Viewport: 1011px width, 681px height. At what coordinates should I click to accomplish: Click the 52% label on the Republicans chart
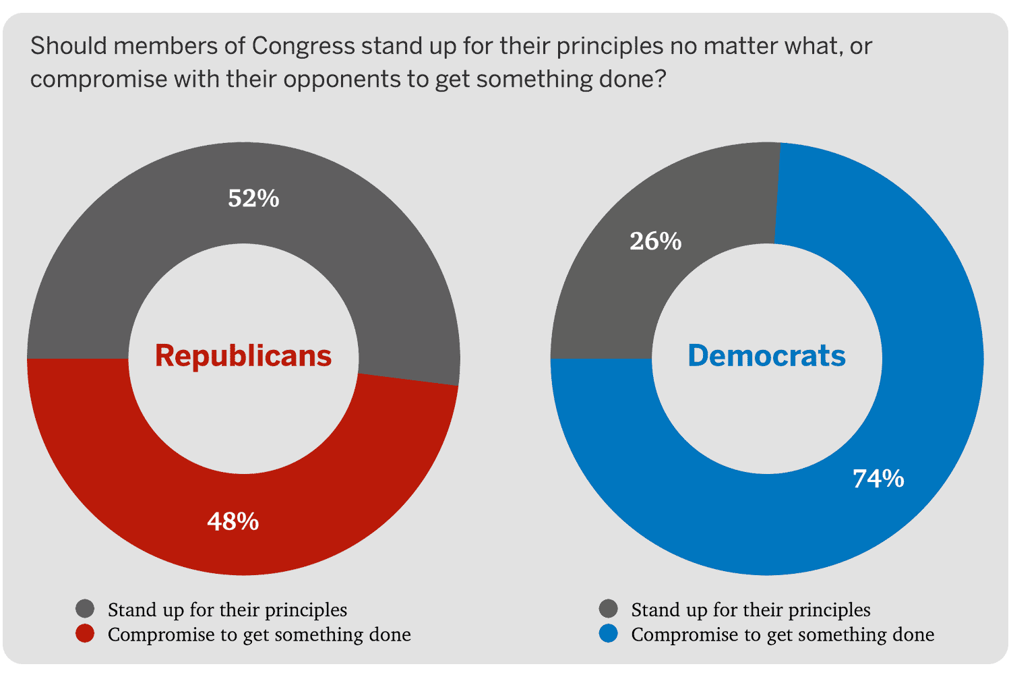[253, 198]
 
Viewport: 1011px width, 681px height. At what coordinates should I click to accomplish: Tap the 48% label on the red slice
[233, 521]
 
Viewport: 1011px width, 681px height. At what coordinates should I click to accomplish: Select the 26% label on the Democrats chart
[656, 241]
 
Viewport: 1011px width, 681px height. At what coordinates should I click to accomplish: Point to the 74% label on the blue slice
[878, 479]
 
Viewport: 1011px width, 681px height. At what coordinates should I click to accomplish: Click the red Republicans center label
[243, 355]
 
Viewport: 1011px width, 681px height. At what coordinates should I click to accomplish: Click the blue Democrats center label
[766, 355]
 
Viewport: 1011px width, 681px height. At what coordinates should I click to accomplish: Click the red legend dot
[85, 634]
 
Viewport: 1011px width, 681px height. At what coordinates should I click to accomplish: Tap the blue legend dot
[609, 634]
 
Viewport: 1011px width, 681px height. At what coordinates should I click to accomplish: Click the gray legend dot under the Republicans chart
[85, 609]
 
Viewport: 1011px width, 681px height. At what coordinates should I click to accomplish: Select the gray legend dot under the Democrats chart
[609, 609]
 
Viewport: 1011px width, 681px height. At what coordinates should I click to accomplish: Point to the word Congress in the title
[303, 47]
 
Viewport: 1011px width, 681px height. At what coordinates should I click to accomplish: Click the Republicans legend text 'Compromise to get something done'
[259, 634]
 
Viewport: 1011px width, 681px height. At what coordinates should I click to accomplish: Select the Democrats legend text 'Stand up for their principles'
[751, 610]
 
